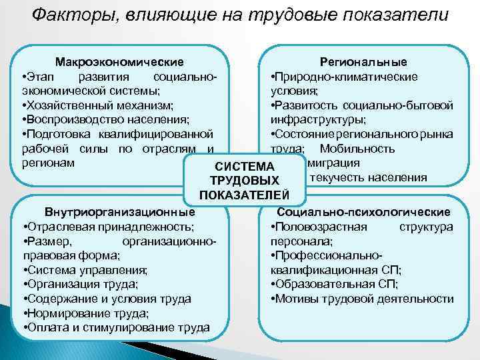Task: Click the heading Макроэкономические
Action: (x=119, y=62)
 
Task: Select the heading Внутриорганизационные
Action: (x=119, y=212)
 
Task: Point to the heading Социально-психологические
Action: (x=373, y=212)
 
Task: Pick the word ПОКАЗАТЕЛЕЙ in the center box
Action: (x=244, y=195)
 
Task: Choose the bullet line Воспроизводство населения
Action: (x=106, y=120)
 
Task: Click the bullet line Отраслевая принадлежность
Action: (x=109, y=227)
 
